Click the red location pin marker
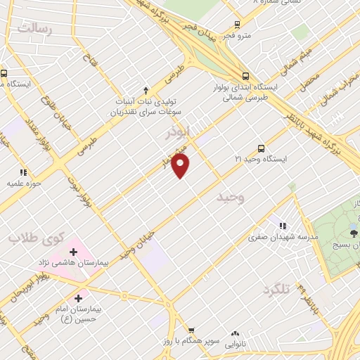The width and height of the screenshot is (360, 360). click(x=181, y=166)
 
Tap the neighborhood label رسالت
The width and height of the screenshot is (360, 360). click(x=34, y=30)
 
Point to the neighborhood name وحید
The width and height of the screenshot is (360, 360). click(x=231, y=199)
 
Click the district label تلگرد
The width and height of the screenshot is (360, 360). click(x=276, y=290)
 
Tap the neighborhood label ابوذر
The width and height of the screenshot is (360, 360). click(x=179, y=132)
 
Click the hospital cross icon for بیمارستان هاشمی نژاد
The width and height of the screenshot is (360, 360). click(x=73, y=251)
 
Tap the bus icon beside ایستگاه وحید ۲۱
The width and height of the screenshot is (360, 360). click(x=262, y=148)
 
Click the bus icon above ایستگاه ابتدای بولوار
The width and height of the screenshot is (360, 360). click(x=245, y=77)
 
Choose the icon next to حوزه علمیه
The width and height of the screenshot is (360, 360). click(x=23, y=172)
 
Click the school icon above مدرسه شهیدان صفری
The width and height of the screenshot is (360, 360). click(x=282, y=226)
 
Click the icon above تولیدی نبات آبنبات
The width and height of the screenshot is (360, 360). click(x=146, y=90)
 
